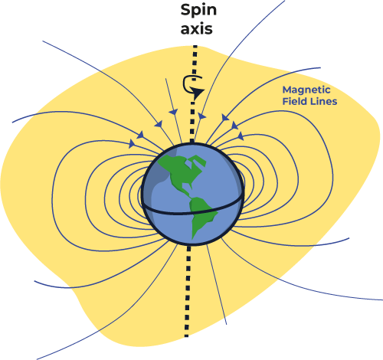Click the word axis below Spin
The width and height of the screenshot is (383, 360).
click(197, 29)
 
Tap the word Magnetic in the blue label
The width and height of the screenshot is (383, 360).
click(306, 90)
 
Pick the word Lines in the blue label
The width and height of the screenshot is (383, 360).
click(323, 101)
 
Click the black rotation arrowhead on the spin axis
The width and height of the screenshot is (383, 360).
click(198, 93)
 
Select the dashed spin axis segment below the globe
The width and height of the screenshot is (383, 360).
click(188, 291)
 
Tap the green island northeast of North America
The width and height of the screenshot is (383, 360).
click(197, 162)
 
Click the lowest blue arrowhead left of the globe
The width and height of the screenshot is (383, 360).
click(132, 143)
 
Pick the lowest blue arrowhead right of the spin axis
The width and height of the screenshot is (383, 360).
click(241, 136)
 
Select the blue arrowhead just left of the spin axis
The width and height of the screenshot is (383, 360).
click(174, 112)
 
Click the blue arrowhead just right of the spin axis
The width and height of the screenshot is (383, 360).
click(201, 116)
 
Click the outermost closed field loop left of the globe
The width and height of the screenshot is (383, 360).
click(52, 194)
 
